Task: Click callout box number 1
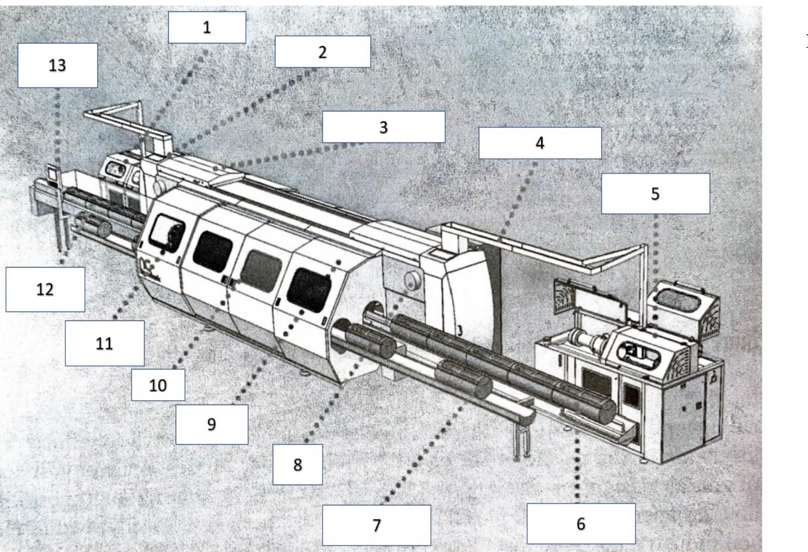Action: (x=207, y=27)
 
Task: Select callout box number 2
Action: (x=322, y=52)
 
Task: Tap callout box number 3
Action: (x=383, y=127)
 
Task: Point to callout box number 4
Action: (x=539, y=143)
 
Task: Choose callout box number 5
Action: (x=655, y=194)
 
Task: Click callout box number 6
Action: (x=581, y=524)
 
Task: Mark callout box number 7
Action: (x=376, y=525)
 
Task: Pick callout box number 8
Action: (x=297, y=464)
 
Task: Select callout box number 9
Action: (x=212, y=424)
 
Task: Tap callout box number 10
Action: (x=158, y=385)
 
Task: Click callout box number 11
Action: (x=104, y=343)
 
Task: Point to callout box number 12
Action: (x=45, y=289)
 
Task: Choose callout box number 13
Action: (x=57, y=65)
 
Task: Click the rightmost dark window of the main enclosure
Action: (x=309, y=286)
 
